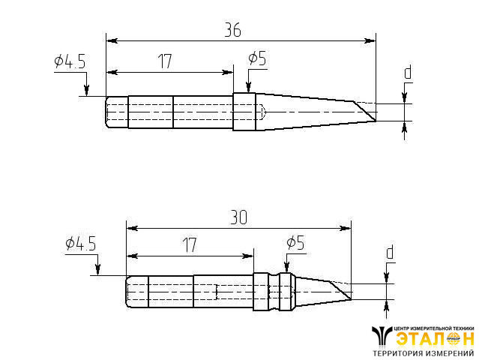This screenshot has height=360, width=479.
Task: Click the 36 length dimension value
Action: tap(233, 30)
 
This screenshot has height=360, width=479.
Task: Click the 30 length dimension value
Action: tap(238, 217)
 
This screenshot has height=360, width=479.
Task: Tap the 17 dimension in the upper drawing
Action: tap(165, 61)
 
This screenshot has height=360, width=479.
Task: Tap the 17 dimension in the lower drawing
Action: tap(190, 245)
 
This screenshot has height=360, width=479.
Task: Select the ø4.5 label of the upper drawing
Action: tap(70, 61)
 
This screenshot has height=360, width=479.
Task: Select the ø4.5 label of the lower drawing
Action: tap(81, 244)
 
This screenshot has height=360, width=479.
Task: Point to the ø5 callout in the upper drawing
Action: tap(257, 58)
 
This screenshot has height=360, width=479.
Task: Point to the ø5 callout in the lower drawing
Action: tap(295, 243)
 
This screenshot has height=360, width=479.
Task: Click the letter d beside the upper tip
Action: tap(408, 73)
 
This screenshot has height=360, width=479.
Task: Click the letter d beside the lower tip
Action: tap(390, 253)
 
